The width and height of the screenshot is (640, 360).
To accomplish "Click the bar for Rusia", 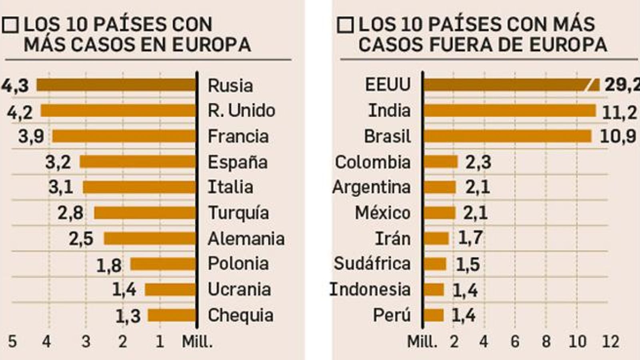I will tap(116, 85).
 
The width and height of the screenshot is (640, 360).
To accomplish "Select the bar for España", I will tap(138, 162).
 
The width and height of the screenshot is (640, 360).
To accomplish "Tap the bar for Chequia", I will tap(172, 315).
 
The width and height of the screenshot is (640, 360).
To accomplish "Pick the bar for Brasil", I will tap(507, 136).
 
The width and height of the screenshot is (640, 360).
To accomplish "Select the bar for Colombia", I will tap(440, 162).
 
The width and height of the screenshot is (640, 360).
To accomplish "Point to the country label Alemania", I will tap(246, 239).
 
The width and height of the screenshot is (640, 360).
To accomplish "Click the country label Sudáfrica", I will tap(372, 264).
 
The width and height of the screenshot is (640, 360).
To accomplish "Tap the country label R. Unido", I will tap(241, 111).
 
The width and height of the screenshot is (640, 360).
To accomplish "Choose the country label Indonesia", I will tap(370, 289).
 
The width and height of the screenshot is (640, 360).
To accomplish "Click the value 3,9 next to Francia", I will tap(31, 136).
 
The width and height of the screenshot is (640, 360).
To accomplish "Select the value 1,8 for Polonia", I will tap(109, 265).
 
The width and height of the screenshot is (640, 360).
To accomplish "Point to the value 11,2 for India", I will tap(619, 112).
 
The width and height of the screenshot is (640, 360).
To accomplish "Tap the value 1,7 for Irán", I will tap(470, 238).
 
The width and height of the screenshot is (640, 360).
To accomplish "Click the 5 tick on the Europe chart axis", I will tap(12, 342).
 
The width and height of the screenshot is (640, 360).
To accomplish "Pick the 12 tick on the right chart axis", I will tap(610, 342).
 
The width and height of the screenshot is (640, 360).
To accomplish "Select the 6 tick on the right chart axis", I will tap(515, 342).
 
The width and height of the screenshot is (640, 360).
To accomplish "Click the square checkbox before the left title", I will tap(10, 25).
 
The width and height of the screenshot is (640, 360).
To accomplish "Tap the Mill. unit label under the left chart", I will tap(197, 342).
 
